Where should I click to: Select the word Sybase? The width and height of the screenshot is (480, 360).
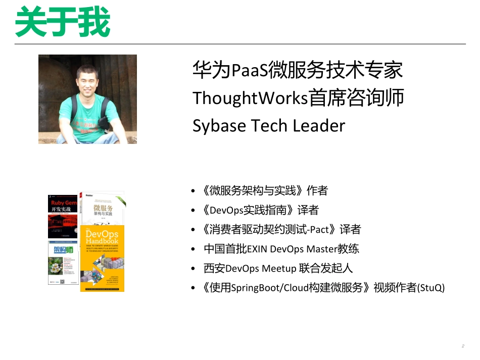[x=218, y=126]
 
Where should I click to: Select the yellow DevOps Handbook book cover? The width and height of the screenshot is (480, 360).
[x=102, y=258]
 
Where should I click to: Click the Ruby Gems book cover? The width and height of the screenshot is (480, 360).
[x=63, y=215]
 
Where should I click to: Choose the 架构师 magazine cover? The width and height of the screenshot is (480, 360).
[x=63, y=263]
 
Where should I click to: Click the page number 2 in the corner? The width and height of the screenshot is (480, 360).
[x=462, y=346]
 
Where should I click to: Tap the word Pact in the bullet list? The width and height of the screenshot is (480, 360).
[x=319, y=230]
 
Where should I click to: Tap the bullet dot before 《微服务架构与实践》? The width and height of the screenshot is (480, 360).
[x=194, y=191]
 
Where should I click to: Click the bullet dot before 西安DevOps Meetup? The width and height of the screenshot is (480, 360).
[x=194, y=269]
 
